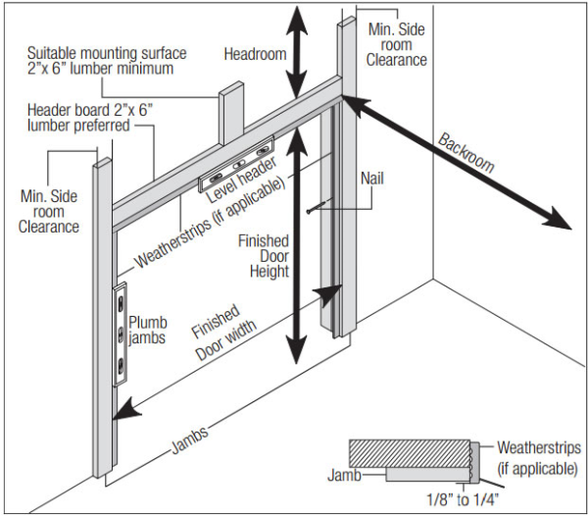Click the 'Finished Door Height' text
264,256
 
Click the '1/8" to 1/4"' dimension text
459,498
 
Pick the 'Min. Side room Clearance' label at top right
397,44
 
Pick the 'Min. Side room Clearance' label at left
48,211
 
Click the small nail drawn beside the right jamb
315,207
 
